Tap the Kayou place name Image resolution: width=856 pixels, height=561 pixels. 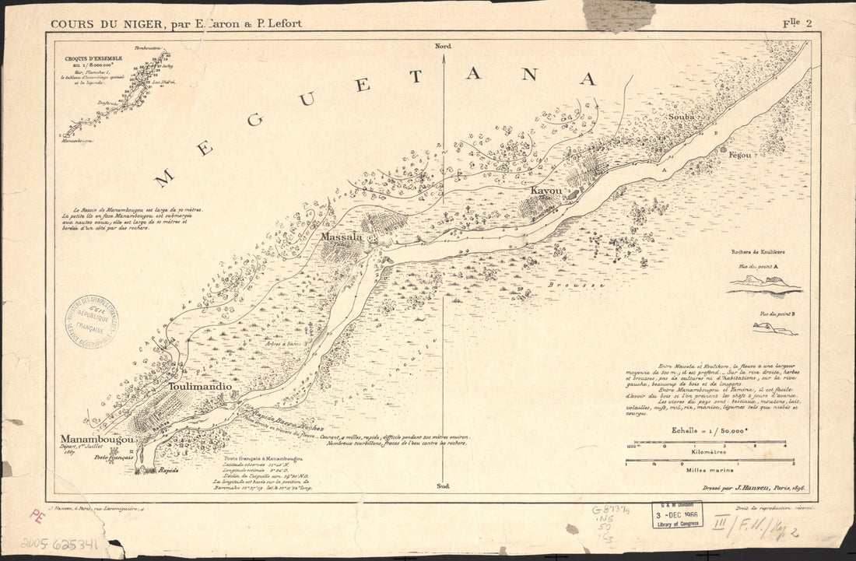pos(546,191)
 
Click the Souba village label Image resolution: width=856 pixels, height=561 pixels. pos(681,117)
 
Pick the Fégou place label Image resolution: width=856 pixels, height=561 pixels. pos(740,155)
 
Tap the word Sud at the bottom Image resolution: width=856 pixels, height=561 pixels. pos(444,486)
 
